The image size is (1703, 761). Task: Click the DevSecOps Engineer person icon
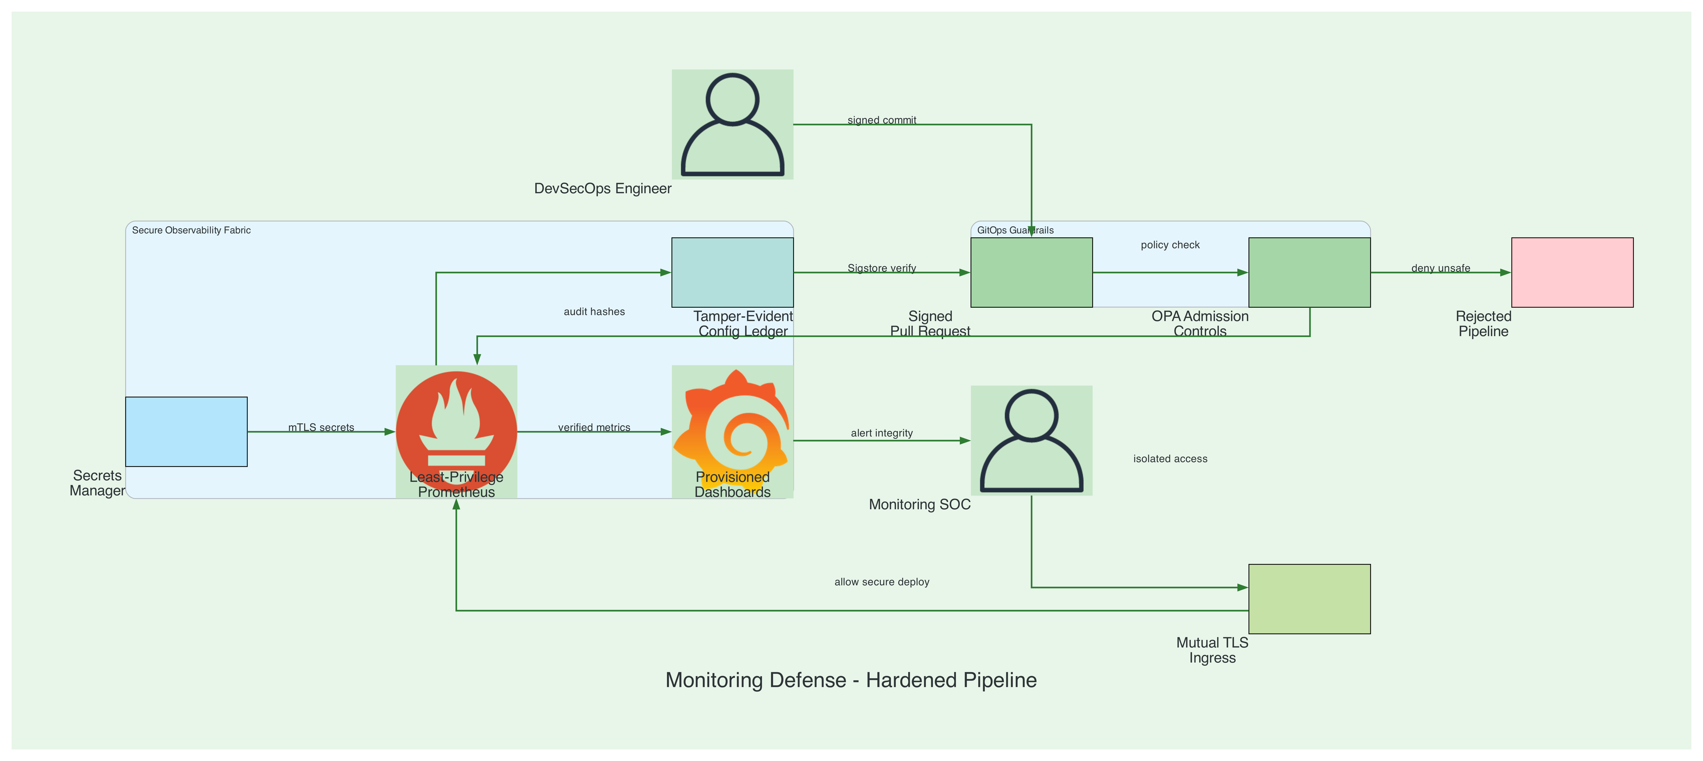pyautogui.click(x=732, y=124)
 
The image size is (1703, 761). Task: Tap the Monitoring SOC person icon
pyautogui.click(x=1031, y=440)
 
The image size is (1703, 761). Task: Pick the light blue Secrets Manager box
pyautogui.click(x=186, y=432)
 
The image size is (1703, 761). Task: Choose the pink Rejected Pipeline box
pyautogui.click(x=1572, y=272)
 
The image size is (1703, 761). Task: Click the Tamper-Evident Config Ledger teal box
pyautogui.click(x=732, y=272)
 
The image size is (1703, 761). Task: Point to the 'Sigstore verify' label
pyautogui.click(x=882, y=268)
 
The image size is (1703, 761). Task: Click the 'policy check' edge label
pyautogui.click(x=1170, y=245)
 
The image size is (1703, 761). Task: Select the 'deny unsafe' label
pyautogui.click(x=1441, y=268)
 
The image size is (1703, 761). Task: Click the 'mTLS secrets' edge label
pyautogui.click(x=321, y=427)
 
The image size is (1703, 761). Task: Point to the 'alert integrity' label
pyautogui.click(x=882, y=433)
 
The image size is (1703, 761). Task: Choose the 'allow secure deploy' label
pyautogui.click(x=882, y=582)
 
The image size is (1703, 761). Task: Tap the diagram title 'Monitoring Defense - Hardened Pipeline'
pyautogui.click(x=851, y=680)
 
